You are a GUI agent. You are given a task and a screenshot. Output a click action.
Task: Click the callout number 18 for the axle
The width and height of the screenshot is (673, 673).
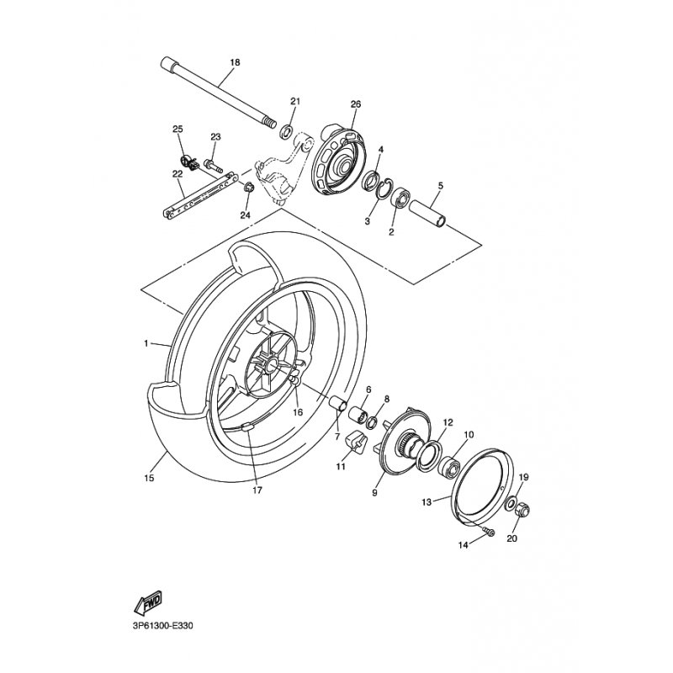click(235, 62)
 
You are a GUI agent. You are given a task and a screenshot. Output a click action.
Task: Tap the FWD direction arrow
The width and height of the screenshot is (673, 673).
click(148, 601)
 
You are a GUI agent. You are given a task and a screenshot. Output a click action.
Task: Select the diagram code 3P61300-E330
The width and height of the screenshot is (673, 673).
click(163, 626)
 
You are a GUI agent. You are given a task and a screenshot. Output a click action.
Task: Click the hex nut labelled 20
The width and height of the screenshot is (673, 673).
click(522, 510)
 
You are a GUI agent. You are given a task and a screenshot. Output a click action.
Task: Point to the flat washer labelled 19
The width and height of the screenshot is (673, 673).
click(511, 502)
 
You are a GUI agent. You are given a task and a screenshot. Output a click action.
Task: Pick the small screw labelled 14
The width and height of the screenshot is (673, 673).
click(489, 533)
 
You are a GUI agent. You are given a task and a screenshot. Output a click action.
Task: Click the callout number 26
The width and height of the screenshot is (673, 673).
click(355, 104)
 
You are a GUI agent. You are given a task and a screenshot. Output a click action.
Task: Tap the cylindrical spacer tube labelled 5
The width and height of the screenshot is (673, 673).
click(427, 212)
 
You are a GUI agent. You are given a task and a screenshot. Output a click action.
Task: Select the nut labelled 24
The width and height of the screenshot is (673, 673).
click(248, 188)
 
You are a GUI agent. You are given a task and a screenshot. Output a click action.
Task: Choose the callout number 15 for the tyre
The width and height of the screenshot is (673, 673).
click(149, 478)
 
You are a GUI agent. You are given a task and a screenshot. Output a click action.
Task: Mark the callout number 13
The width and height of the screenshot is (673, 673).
click(427, 501)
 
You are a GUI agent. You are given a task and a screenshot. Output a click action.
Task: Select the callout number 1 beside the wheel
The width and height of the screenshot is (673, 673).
click(146, 343)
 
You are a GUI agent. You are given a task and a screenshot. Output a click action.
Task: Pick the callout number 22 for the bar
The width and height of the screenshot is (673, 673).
click(178, 174)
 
